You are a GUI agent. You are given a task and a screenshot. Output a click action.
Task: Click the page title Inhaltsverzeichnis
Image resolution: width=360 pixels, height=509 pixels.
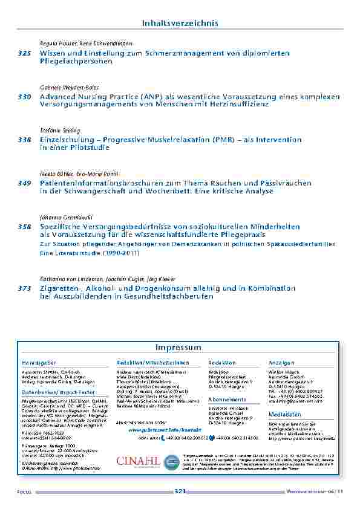(180, 23)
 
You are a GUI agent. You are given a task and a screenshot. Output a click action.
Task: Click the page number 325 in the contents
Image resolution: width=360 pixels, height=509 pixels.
(24, 54)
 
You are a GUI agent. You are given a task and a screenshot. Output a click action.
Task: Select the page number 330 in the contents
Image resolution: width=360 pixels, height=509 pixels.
(24, 97)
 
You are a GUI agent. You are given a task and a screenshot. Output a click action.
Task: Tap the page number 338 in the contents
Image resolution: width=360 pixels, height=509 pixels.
(24, 140)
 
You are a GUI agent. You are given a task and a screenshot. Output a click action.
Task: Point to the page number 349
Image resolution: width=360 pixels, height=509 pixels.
(24, 183)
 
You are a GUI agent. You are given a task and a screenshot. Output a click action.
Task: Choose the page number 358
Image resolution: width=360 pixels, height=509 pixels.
(24, 226)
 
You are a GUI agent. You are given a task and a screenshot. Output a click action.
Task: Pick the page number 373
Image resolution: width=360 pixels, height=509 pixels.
(24, 288)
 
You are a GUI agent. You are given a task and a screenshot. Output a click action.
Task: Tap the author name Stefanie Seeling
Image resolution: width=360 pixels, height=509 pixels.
(60, 130)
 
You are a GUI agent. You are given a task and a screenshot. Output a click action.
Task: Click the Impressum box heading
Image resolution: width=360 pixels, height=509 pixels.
(178, 348)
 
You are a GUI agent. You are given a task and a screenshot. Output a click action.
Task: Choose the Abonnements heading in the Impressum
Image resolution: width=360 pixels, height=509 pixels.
(227, 400)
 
